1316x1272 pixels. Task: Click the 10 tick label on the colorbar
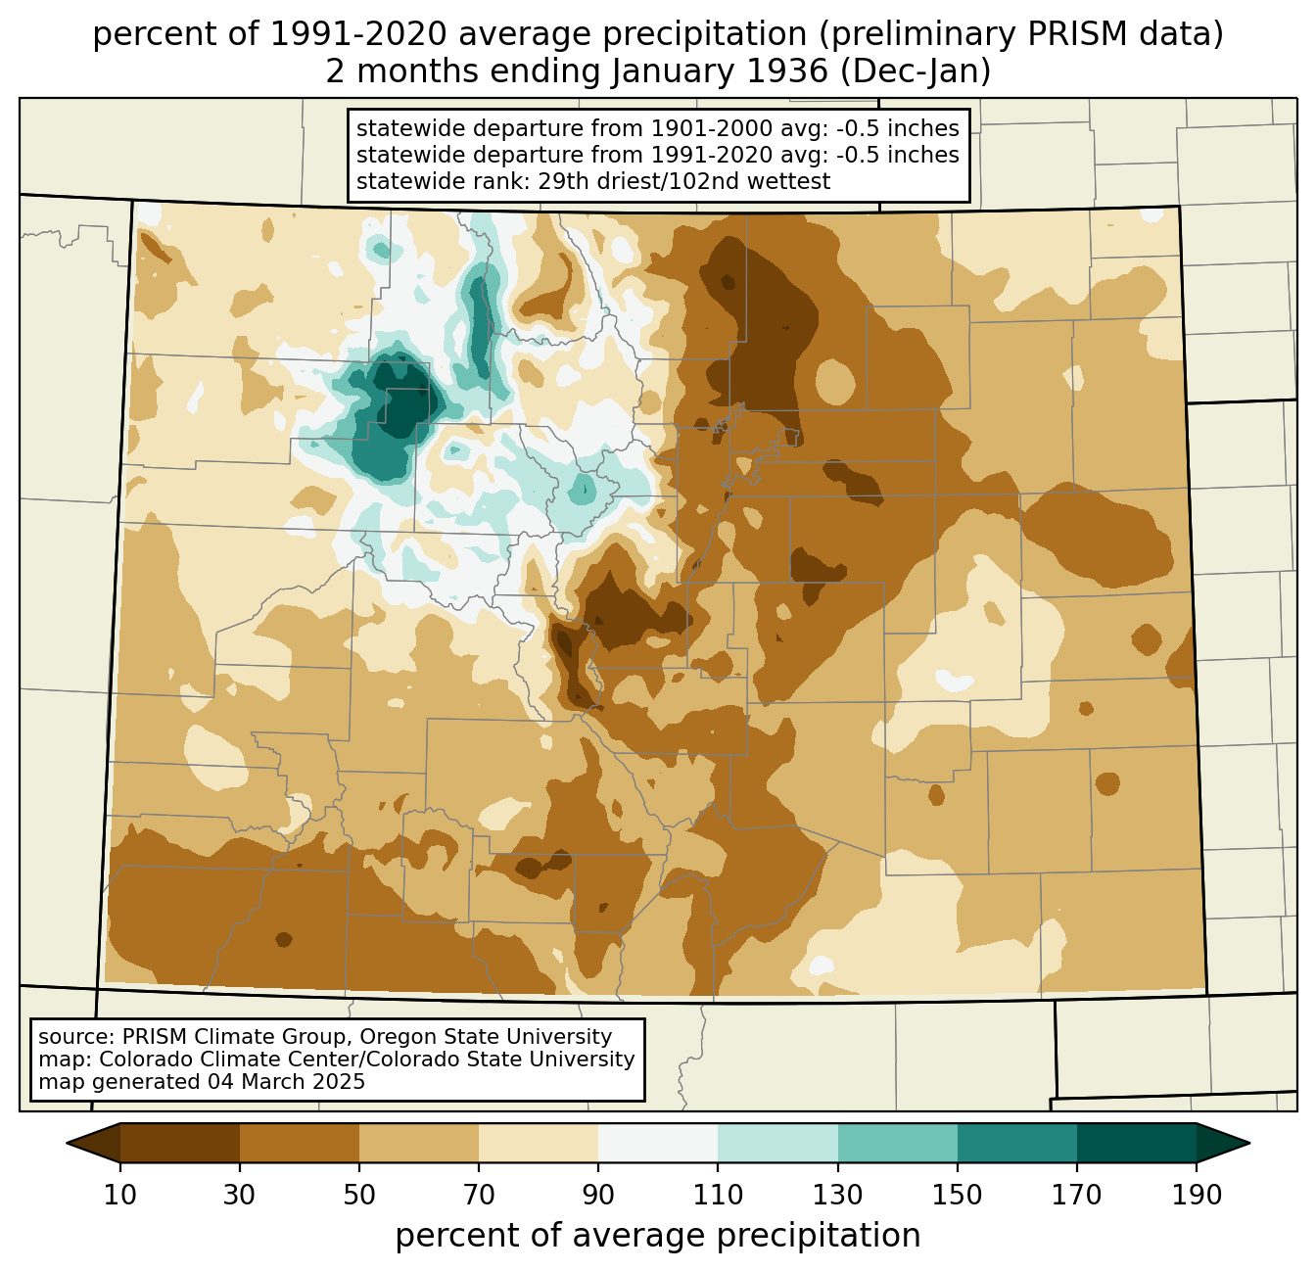click(x=120, y=1196)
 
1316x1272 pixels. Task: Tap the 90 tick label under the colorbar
click(x=598, y=1196)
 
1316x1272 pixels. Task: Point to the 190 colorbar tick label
click(x=1196, y=1196)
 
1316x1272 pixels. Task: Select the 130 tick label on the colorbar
click(x=838, y=1196)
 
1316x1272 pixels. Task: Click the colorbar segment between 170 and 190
click(x=1136, y=1143)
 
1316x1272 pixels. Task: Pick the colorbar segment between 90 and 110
click(x=658, y=1143)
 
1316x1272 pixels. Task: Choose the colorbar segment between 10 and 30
click(x=180, y=1143)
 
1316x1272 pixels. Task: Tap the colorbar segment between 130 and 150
click(x=898, y=1143)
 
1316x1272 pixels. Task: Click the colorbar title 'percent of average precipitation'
click(x=658, y=1236)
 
